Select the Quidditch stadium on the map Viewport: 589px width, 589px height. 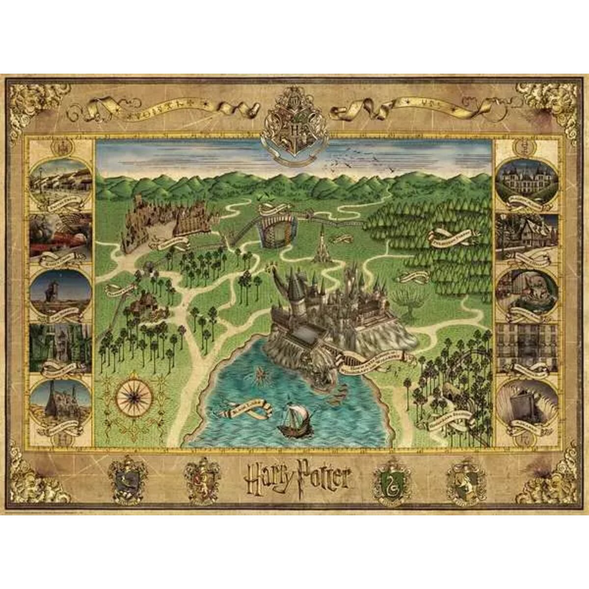pos(278,227)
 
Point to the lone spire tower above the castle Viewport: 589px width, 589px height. pos(321,245)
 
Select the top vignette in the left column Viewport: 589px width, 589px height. pos(60,181)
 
